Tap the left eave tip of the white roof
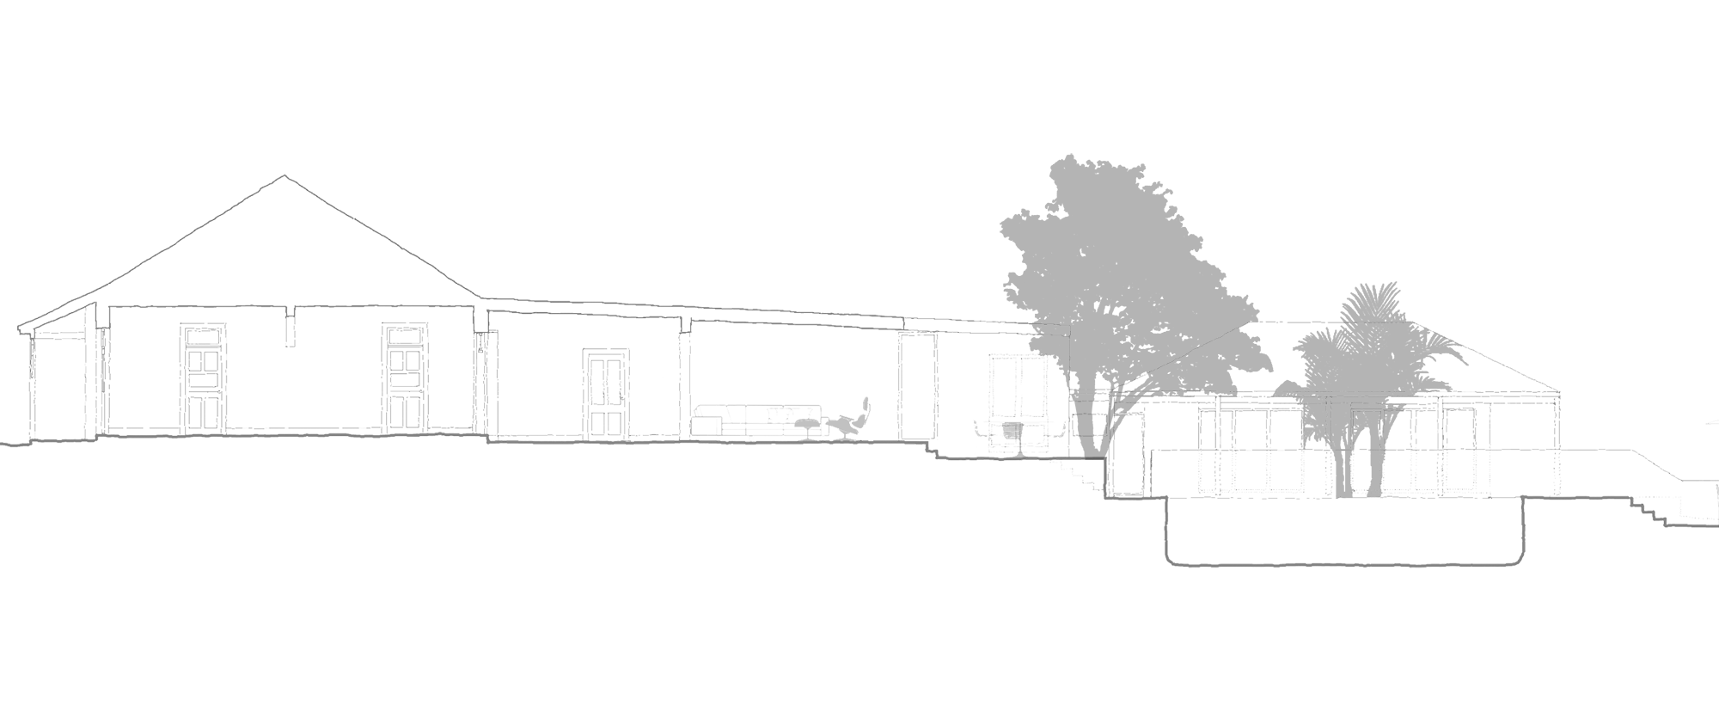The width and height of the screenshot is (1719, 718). coord(21,328)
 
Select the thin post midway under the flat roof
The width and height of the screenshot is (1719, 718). coord(685,378)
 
